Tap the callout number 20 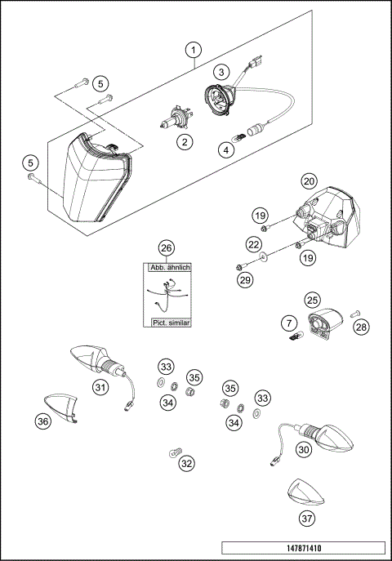click(309, 180)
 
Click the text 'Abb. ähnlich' click(168, 268)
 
